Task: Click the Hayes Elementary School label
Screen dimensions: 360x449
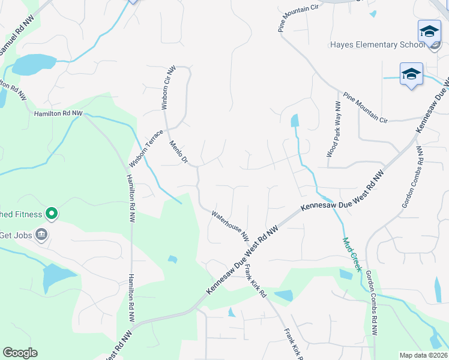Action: click(373, 45)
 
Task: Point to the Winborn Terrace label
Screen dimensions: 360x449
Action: click(146, 148)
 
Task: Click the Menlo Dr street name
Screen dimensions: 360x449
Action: click(179, 152)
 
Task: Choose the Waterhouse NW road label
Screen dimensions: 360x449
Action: click(230, 225)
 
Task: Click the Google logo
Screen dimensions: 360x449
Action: click(20, 353)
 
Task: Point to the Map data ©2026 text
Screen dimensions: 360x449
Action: click(423, 355)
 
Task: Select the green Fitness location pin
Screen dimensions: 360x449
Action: click(52, 213)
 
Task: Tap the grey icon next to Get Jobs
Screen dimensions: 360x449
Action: click(41, 234)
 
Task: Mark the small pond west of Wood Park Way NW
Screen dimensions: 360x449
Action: click(295, 121)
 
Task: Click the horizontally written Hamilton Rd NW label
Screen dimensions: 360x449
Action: click(58, 113)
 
